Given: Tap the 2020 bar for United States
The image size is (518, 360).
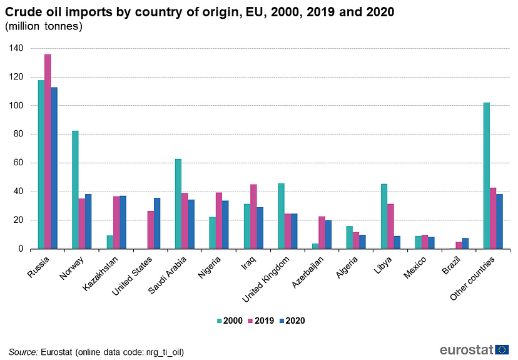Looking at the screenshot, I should (157, 224).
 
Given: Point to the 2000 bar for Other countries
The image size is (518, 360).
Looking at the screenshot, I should (487, 176).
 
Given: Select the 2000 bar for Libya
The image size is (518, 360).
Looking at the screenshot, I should (384, 217).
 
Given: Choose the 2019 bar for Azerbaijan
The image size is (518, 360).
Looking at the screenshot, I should (322, 233).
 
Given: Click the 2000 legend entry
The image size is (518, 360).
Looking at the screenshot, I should (230, 321).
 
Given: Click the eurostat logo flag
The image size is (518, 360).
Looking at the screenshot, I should (502, 349).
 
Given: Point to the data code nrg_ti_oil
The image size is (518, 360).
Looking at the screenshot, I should (164, 351).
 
